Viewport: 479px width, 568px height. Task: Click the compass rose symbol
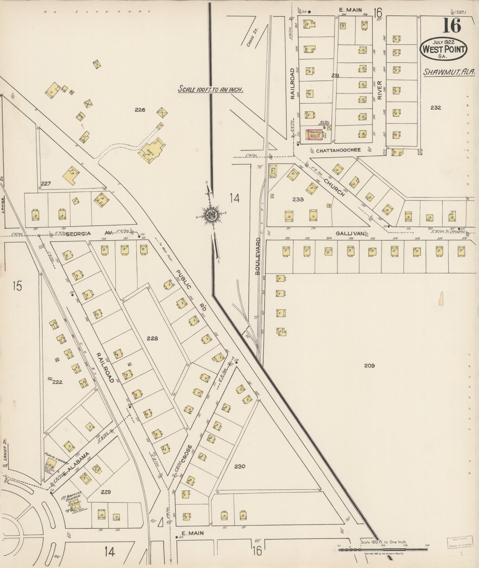pos(211,214)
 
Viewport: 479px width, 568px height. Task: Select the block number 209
pos(369,366)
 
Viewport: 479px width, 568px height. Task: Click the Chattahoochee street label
pos(338,150)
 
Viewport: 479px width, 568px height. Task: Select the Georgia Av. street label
pos(79,233)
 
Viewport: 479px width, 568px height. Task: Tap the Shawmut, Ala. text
pos(449,72)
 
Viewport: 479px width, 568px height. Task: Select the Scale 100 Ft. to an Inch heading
pos(211,89)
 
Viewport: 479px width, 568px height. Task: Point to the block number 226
pos(140,110)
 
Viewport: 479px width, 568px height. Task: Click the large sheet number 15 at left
pos(18,286)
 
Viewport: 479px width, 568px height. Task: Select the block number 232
pos(436,107)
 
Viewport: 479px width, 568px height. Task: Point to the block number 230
pos(239,466)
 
